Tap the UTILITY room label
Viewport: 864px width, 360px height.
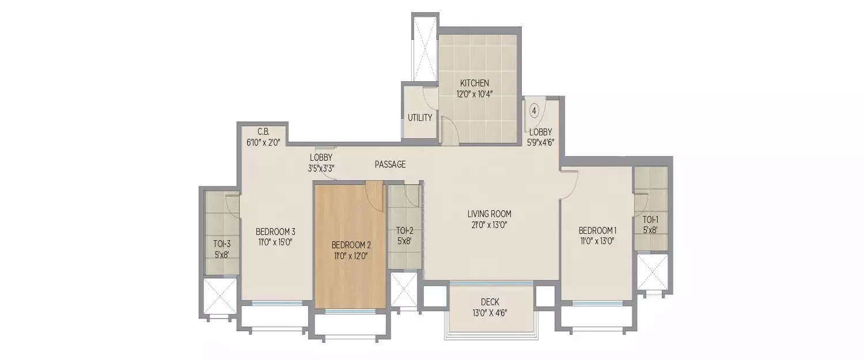pos(420,118)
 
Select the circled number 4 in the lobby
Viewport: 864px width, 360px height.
pos(534,110)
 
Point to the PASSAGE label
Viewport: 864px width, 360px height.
pos(390,165)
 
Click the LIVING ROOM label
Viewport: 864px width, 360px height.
pos(489,214)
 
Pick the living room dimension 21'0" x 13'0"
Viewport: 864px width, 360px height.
pos(489,225)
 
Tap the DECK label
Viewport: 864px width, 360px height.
pos(490,302)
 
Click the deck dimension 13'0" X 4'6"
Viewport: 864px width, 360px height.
pos(490,313)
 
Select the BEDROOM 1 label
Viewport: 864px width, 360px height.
pos(597,231)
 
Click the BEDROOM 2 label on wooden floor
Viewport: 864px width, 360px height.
pos(350,244)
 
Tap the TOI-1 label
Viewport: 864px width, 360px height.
pos(650,219)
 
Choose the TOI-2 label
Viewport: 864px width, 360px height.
pos(404,231)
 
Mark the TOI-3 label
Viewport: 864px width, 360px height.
pos(222,242)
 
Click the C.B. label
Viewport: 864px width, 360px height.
pos(263,131)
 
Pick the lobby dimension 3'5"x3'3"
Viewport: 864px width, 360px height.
pos(321,168)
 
